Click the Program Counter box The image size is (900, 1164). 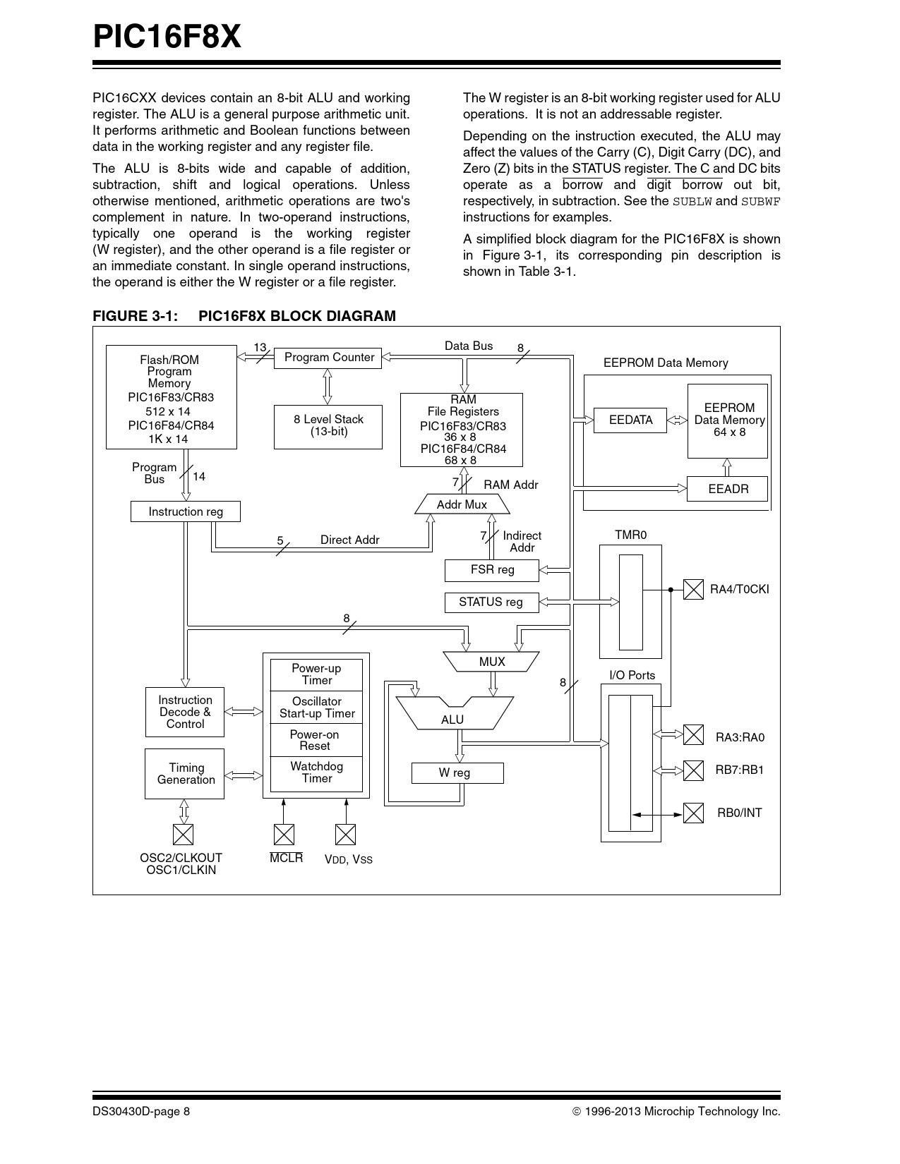click(328, 358)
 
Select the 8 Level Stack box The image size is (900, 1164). click(328, 426)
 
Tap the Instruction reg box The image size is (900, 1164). click(186, 511)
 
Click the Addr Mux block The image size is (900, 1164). click(462, 504)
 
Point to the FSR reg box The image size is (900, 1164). click(492, 570)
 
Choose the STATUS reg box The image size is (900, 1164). click(491, 602)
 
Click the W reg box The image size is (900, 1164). click(457, 773)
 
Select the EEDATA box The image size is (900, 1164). click(630, 420)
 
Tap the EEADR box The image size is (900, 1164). click(727, 489)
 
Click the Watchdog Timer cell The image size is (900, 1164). click(316, 772)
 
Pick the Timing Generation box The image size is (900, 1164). click(185, 774)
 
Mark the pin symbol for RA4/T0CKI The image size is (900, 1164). click(694, 589)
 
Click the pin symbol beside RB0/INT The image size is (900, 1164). click(694, 813)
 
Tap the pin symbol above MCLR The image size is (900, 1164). click(284, 835)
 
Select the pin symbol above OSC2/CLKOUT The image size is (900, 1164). click(184, 835)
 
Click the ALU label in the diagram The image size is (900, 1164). click(452, 720)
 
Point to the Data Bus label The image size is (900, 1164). click(469, 346)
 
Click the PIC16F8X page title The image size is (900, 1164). click(167, 37)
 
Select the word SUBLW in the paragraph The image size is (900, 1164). click(692, 201)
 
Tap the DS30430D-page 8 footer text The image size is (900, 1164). click(141, 1112)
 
